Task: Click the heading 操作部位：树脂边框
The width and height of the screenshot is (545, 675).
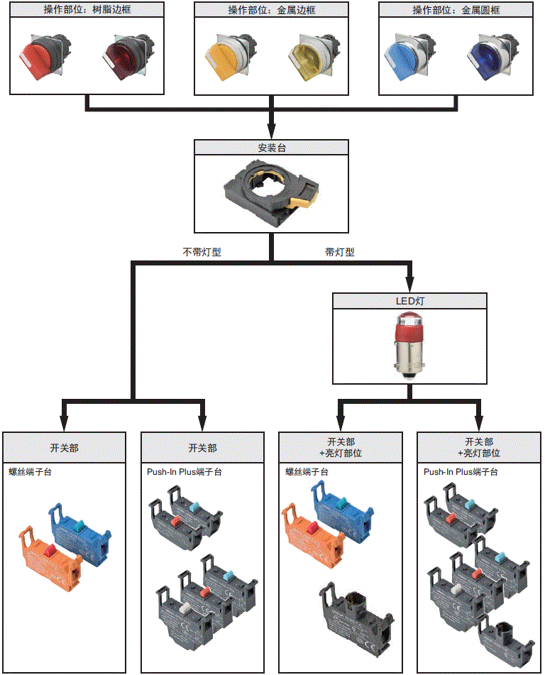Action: pyautogui.click(x=88, y=10)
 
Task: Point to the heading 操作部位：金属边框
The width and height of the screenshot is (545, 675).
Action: pyautogui.click(x=271, y=10)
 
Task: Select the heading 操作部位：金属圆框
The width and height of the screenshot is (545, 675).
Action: pyautogui.click(x=455, y=10)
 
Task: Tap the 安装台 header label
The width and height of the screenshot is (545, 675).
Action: pyautogui.click(x=272, y=148)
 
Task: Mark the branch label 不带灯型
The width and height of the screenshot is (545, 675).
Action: pyautogui.click(x=202, y=251)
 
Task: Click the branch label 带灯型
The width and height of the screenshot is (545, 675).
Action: pyautogui.click(x=340, y=251)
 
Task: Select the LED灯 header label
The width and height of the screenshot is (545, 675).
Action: pyautogui.click(x=409, y=301)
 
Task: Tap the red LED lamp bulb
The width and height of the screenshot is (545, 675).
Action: pyautogui.click(x=409, y=341)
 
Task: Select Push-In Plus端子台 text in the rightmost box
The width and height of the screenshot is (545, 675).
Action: pyautogui.click(x=461, y=471)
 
